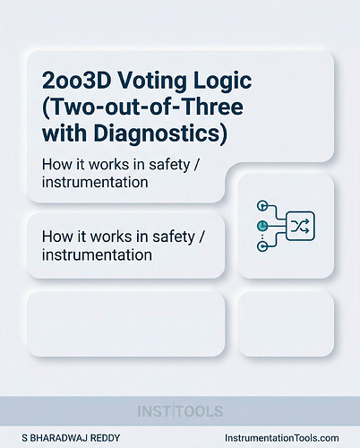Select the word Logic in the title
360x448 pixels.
click(217, 80)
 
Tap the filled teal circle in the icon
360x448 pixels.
click(262, 224)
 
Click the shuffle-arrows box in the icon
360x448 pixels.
click(301, 224)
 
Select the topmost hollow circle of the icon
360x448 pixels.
click(262, 205)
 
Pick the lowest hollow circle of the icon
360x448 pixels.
click(262, 245)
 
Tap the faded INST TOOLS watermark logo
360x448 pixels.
click(180, 411)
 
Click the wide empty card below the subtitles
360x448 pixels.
click(124, 324)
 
